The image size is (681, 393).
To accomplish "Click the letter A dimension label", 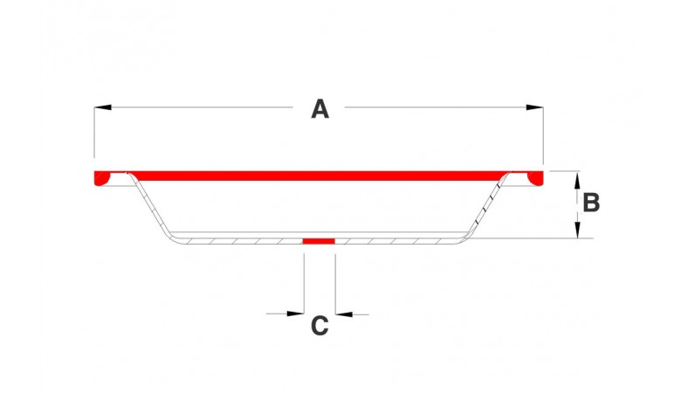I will coord(320,109).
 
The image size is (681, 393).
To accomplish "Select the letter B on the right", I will coord(591,203).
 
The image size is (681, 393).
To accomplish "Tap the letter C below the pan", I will coord(320,326).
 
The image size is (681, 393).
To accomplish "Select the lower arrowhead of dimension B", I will coord(576,231).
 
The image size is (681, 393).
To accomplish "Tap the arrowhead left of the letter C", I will coord(295,313).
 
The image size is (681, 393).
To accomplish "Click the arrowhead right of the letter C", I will coord(343,313).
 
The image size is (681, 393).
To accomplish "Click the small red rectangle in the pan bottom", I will coord(319,240).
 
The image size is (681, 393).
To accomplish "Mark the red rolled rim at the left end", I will coord(102,178).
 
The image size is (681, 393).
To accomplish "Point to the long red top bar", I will coord(319,175).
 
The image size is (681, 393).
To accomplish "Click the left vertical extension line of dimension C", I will coord(303,279).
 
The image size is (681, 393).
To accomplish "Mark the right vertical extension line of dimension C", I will coord(334,279).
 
